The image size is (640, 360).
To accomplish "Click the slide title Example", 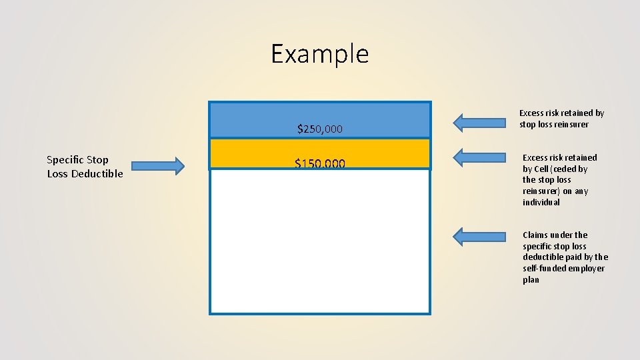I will click(319, 54).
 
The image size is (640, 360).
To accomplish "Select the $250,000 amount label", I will click(319, 129).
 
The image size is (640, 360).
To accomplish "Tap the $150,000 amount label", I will click(319, 163).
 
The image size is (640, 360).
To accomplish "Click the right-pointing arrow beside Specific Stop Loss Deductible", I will click(157, 166).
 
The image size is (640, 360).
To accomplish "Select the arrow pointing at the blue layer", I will click(479, 122).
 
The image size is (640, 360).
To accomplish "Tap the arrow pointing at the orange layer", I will click(479, 157).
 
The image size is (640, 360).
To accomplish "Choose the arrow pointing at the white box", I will click(479, 236).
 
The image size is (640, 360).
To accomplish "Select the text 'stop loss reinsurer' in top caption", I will click(554, 125).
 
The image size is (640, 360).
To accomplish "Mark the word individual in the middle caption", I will click(541, 203).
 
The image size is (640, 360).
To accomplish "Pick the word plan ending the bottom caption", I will click(531, 280).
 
